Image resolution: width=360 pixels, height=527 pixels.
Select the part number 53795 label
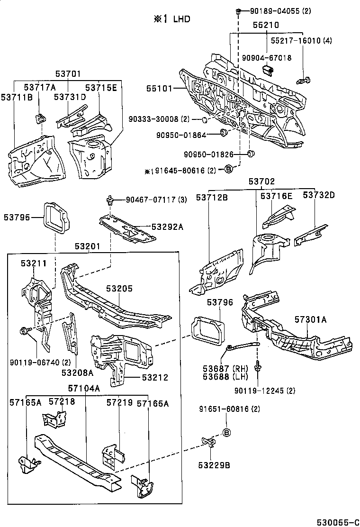click(x=17, y=218)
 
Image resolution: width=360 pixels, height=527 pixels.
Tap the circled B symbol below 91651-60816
click(x=226, y=432)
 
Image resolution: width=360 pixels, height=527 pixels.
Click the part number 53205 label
click(x=119, y=289)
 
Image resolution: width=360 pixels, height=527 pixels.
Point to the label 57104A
click(x=84, y=388)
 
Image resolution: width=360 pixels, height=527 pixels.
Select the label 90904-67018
click(x=266, y=58)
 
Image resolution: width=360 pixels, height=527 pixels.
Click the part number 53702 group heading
click(x=262, y=182)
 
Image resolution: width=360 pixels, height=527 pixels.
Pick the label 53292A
click(x=167, y=227)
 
